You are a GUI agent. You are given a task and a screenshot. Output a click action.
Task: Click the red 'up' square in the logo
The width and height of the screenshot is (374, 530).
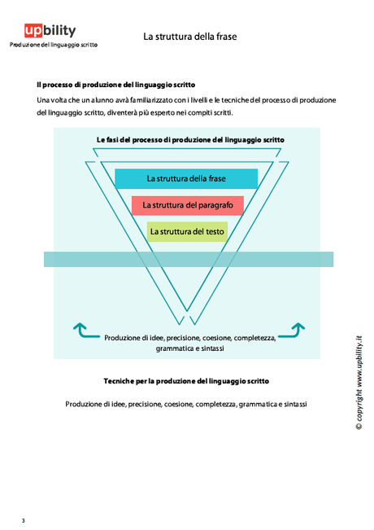(34, 31)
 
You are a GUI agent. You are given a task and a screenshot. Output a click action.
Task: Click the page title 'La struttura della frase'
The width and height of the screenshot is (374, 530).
(190, 37)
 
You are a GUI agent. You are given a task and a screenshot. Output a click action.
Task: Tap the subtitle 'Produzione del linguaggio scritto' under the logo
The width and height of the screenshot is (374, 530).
(53, 45)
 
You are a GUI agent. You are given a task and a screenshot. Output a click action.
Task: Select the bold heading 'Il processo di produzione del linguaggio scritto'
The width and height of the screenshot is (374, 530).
(115, 85)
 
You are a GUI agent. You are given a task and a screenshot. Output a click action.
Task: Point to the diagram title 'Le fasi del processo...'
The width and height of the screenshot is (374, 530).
(189, 140)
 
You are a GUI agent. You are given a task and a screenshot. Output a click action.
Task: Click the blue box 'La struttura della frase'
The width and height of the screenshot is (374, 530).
(186, 178)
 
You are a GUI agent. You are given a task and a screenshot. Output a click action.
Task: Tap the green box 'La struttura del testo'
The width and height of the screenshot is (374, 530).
(187, 232)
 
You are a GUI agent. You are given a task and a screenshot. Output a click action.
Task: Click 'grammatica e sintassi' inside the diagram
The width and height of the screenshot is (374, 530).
(189, 348)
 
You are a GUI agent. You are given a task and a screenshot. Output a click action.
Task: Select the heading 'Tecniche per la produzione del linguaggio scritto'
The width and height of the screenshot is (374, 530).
(185, 381)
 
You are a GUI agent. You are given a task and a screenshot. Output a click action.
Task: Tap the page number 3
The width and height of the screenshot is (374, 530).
(24, 520)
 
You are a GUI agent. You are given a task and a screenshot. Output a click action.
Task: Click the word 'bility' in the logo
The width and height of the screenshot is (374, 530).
(61, 31)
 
